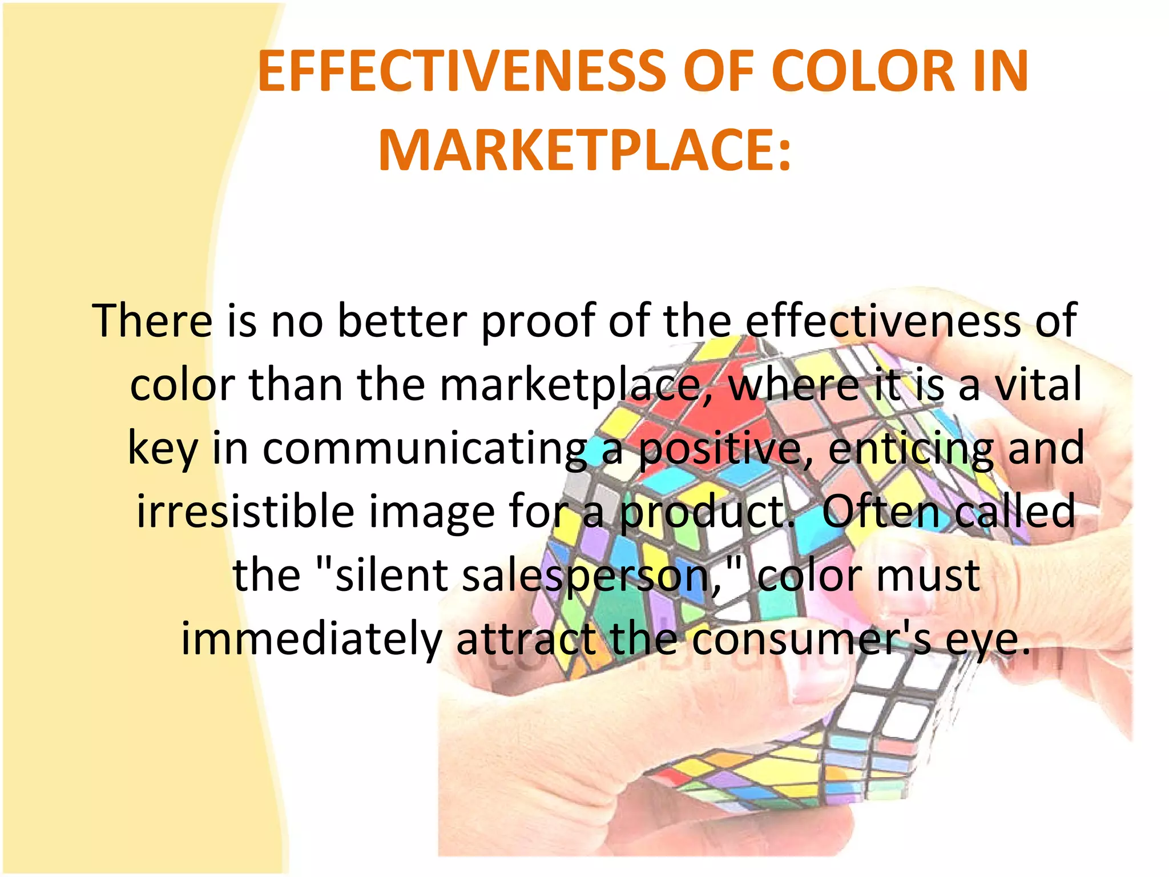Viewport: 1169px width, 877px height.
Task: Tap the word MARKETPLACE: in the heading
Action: (x=584, y=151)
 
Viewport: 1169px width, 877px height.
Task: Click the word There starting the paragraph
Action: (x=152, y=321)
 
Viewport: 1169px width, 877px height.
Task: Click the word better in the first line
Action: (x=402, y=321)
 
